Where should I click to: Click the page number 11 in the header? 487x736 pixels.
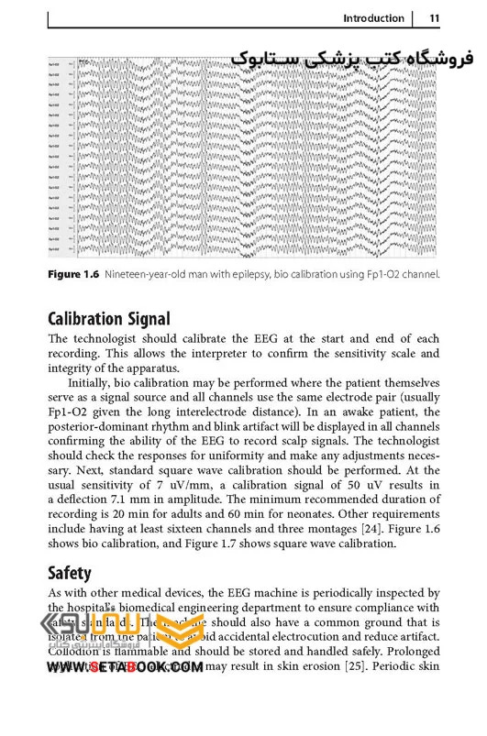coord(434,18)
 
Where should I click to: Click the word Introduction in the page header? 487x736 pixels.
coord(372,18)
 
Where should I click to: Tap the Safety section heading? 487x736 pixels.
coord(70,573)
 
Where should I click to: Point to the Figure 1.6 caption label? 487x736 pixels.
coord(72,274)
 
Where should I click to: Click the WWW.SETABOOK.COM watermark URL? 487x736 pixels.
coord(125,668)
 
